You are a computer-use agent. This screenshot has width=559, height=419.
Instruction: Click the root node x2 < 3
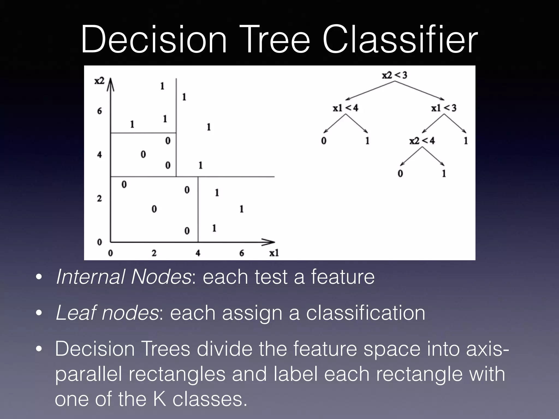tap(394, 75)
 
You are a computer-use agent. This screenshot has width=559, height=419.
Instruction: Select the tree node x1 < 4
tap(345, 108)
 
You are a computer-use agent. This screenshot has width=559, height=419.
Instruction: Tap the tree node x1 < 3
tap(444, 108)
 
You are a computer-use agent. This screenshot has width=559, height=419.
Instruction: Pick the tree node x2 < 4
tap(422, 141)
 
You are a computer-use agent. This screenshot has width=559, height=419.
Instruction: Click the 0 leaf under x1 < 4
tap(324, 141)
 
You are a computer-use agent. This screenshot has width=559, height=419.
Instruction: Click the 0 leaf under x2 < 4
tap(400, 173)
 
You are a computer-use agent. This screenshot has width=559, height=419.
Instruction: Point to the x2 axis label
tap(99, 81)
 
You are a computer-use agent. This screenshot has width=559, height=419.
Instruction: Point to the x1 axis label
tap(274, 253)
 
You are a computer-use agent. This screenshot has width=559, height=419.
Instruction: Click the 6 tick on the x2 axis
tap(99, 111)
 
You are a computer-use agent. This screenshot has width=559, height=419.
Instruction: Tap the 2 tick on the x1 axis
tap(154, 253)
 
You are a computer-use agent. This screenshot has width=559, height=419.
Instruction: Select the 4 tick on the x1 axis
tap(198, 253)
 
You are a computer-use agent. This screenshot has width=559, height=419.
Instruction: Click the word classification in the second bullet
tap(365, 313)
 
